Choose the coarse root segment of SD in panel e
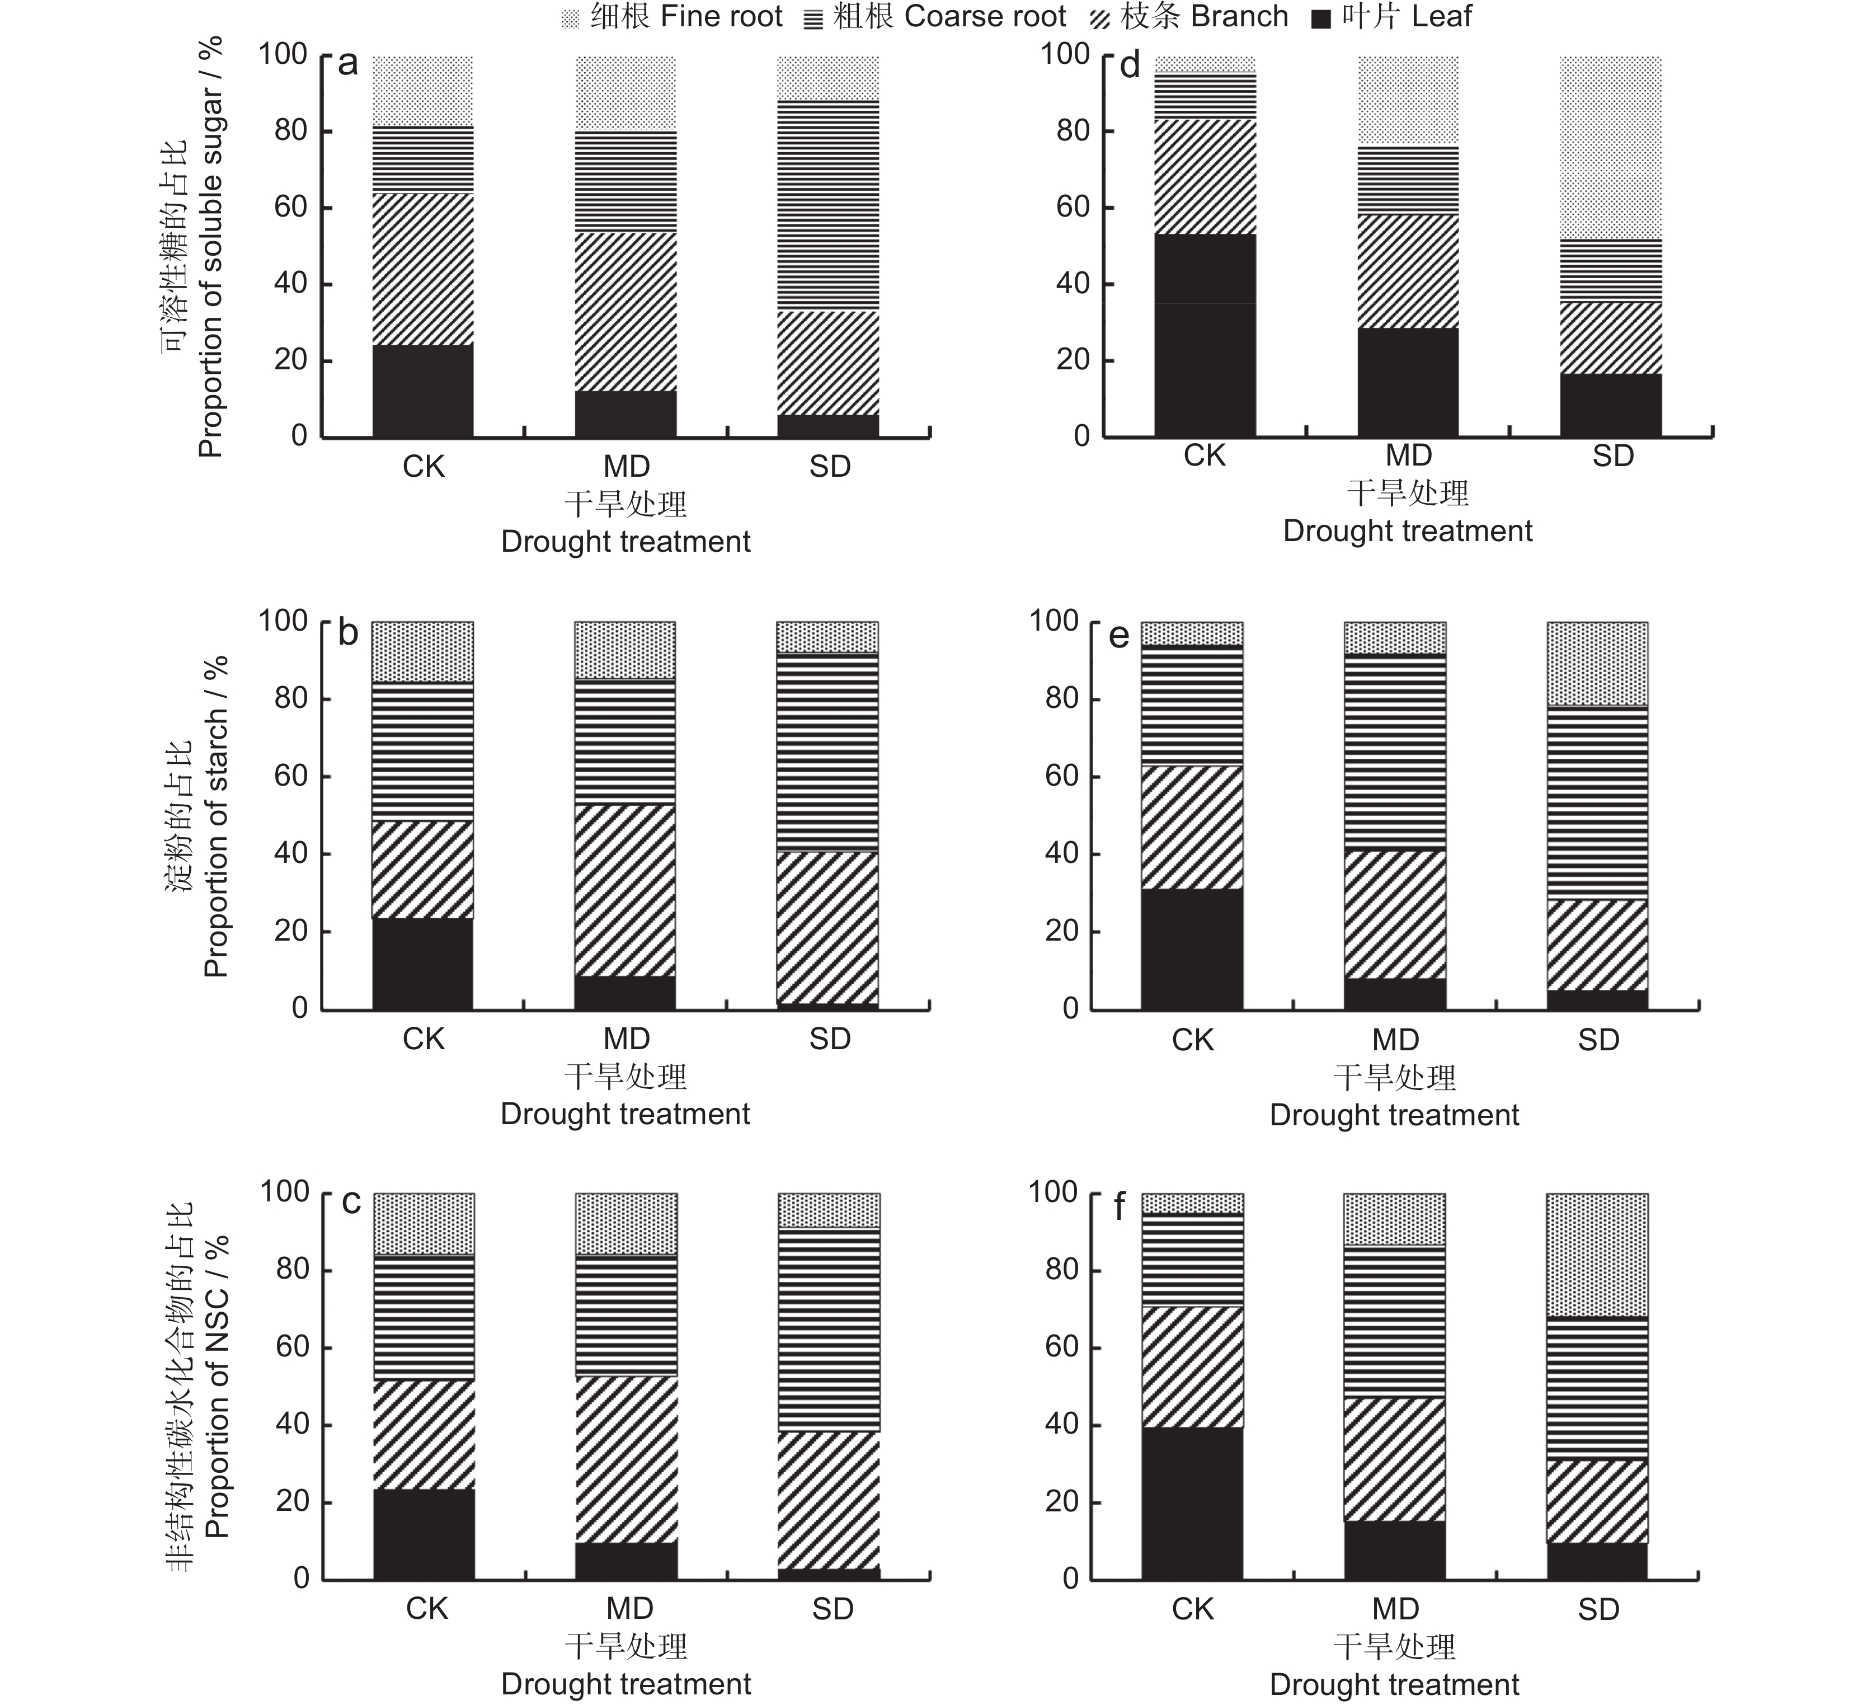[x=1597, y=804]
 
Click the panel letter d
[x=1129, y=66]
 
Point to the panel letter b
[x=348, y=633]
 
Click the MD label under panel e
[x=1396, y=1040]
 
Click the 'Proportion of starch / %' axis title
[x=215, y=816]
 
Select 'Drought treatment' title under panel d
[x=1408, y=531]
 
